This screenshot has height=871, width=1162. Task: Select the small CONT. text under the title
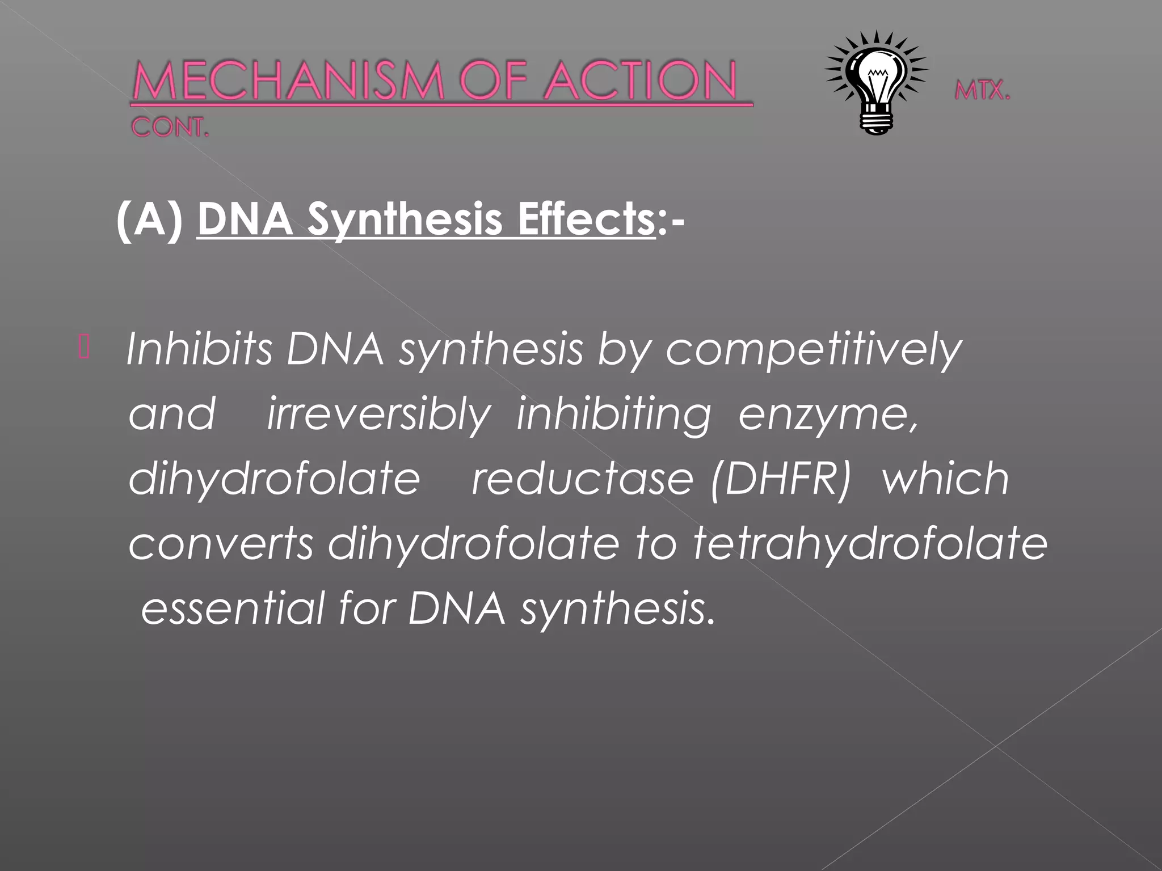click(x=170, y=128)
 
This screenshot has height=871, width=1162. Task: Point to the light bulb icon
click(x=876, y=79)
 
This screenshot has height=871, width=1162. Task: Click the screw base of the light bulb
click(x=877, y=121)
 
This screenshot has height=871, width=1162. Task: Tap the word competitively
click(x=813, y=350)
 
